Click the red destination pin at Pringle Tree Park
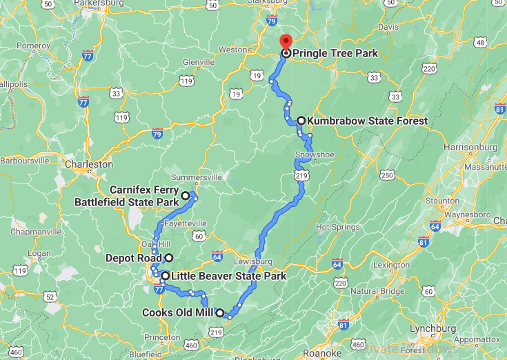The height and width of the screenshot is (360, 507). point(286,42)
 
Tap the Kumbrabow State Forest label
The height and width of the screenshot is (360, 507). point(367,121)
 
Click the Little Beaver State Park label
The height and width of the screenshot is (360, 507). point(228,276)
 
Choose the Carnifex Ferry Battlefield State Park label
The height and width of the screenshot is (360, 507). point(126,197)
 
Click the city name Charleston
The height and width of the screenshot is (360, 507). point(88,165)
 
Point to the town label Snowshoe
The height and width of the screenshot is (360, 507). point(315,154)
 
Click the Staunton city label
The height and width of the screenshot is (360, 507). point(443,201)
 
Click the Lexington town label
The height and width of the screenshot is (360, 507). point(391,265)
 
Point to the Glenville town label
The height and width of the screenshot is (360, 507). point(199,62)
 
